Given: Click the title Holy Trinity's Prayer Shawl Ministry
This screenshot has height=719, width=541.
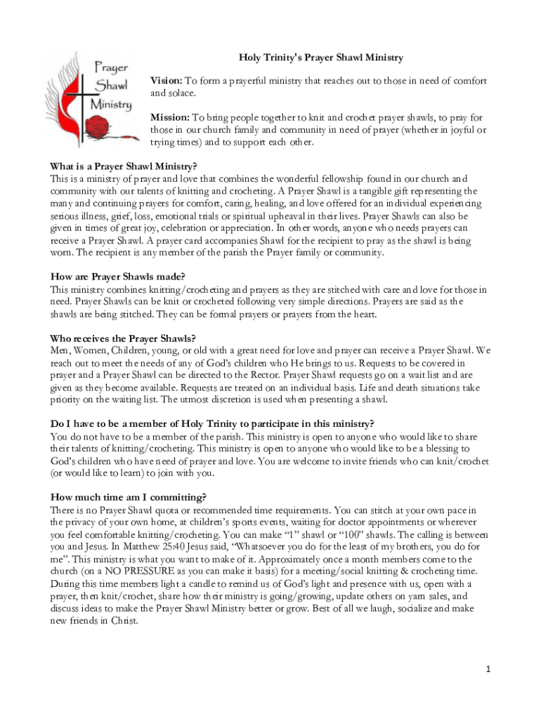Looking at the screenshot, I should pos(321,57).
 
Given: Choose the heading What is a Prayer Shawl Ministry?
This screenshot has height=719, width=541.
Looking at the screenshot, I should pos(124,166).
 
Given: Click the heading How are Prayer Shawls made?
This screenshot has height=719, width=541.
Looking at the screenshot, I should pos(117,277).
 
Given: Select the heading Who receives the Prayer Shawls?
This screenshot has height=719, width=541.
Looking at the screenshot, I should pos(122,338).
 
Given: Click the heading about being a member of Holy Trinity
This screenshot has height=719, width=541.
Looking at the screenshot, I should pos(211,423).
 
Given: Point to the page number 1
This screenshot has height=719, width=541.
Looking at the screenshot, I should pos(488,669).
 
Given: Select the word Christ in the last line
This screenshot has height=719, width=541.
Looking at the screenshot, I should pos(123,621).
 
